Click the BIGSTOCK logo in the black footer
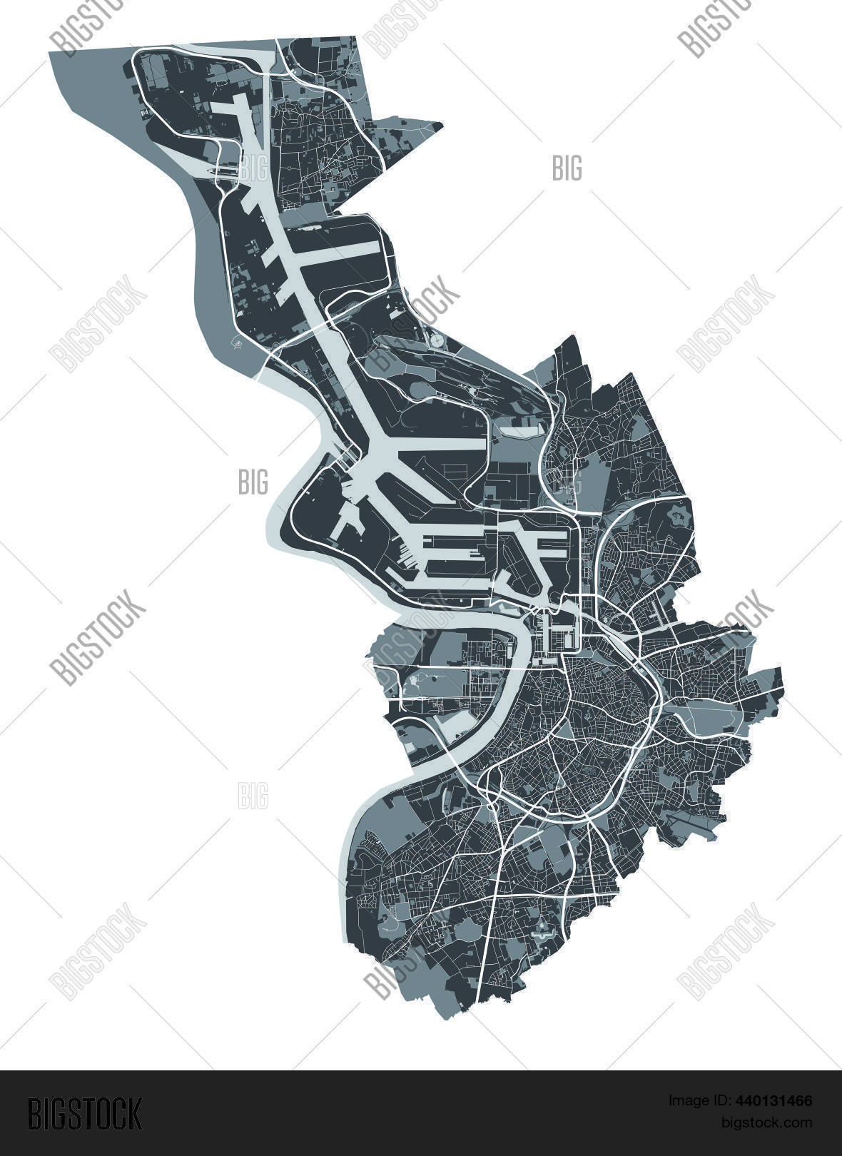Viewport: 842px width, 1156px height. click(x=84, y=1113)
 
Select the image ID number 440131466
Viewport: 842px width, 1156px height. click(x=776, y=1102)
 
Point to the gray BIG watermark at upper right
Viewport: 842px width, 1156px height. click(x=567, y=168)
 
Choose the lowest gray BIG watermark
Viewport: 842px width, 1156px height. click(x=253, y=795)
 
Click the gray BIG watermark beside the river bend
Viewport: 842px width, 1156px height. click(x=253, y=482)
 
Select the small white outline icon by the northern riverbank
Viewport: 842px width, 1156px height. click(x=237, y=344)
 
